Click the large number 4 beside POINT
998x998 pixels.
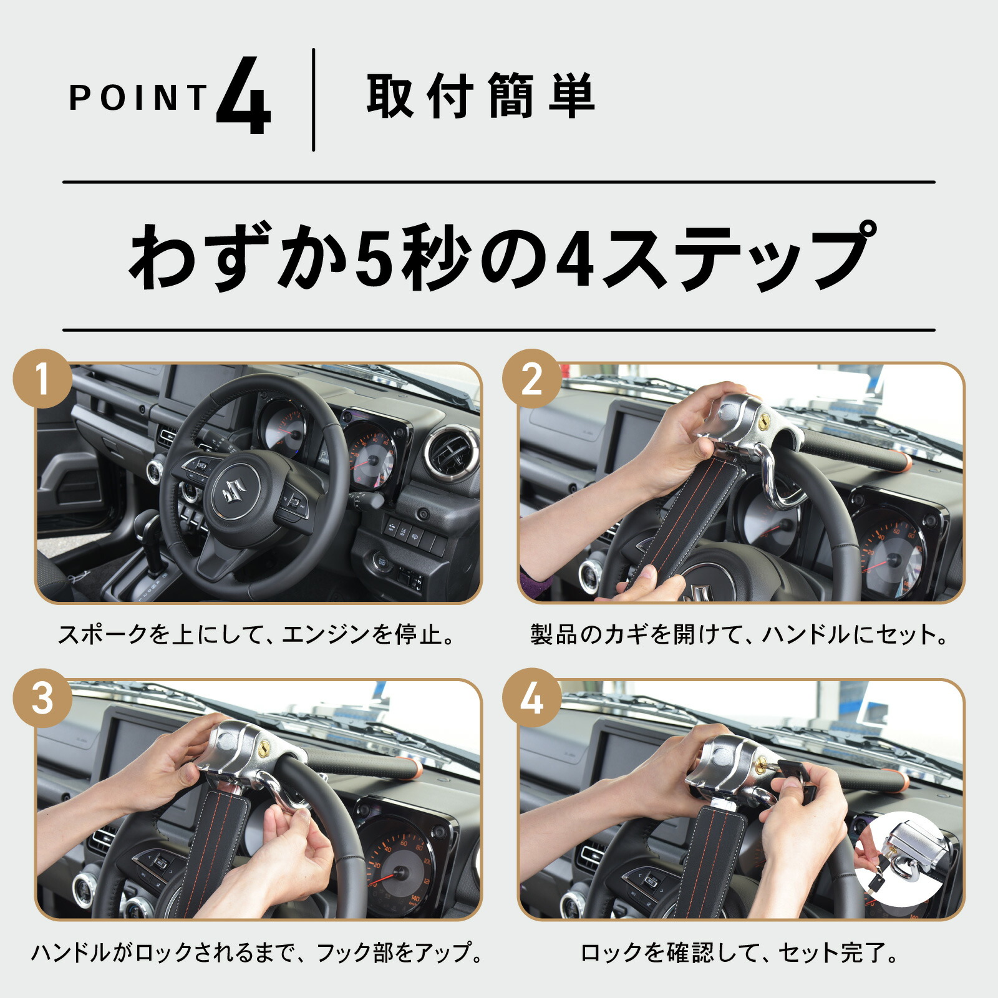244,95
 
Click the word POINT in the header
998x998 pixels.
138,98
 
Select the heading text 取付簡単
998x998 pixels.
480,95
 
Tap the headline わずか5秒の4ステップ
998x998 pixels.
500,256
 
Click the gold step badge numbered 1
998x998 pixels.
42,379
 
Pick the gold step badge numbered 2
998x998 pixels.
531,379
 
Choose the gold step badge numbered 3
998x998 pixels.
42,697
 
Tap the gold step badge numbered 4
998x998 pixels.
531,697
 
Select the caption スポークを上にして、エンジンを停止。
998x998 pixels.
257,634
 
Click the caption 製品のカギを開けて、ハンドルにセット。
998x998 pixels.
740,634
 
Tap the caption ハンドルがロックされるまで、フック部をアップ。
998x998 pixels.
257,952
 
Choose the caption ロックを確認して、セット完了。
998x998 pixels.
740,952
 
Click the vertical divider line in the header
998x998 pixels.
313,100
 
